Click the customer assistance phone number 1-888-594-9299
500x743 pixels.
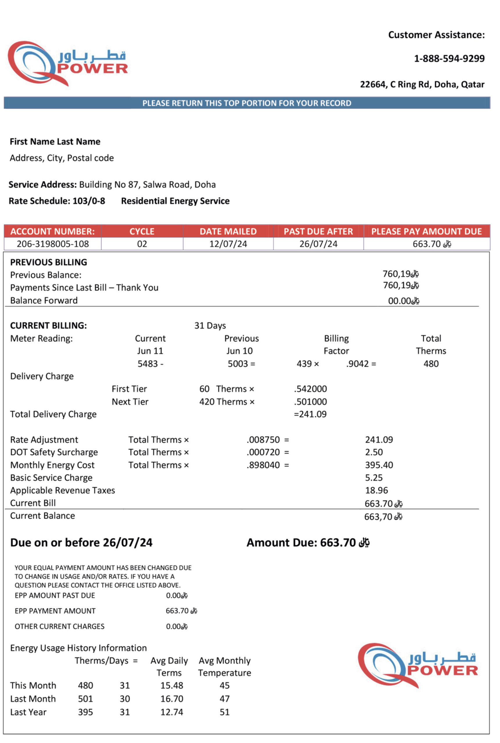pyautogui.click(x=449, y=59)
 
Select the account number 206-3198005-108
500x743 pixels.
pyautogui.click(x=53, y=244)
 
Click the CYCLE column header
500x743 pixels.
pyautogui.click(x=142, y=231)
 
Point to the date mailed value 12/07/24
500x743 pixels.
pyautogui.click(x=228, y=244)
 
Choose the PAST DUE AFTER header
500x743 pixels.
pyautogui.click(x=318, y=231)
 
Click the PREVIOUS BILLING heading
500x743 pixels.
pyautogui.click(x=48, y=262)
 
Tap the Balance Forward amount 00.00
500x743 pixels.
pyautogui.click(x=399, y=301)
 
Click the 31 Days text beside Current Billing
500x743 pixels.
pyautogui.click(x=210, y=325)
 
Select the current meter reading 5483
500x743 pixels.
pyautogui.click(x=148, y=364)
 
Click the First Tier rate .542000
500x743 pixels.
pyautogui.click(x=310, y=389)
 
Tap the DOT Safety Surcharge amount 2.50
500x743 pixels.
pyautogui.click(x=374, y=452)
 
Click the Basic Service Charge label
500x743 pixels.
pyautogui.click(x=51, y=477)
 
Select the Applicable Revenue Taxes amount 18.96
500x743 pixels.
pyautogui.click(x=376, y=490)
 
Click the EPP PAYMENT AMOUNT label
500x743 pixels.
pyautogui.click(x=55, y=611)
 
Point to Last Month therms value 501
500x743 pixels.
pyautogui.click(x=85, y=699)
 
